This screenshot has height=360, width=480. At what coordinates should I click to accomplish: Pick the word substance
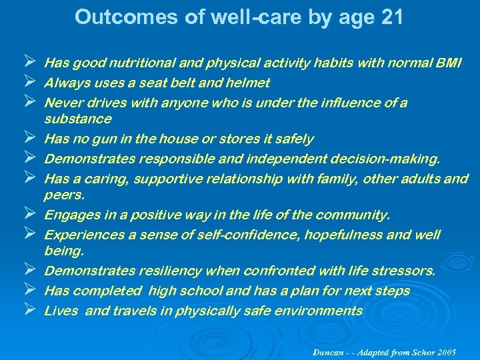coord(77,119)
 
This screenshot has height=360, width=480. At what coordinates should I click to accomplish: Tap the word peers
coord(65,195)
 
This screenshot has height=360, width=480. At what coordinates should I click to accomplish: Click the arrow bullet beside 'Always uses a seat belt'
coord(27,83)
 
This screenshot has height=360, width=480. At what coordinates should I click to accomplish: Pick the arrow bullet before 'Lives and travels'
coord(27,311)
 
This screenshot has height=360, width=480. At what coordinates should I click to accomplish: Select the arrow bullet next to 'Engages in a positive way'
coord(27,215)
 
